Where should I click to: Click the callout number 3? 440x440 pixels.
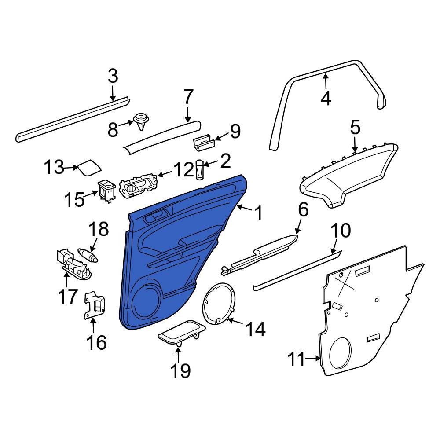(113, 76)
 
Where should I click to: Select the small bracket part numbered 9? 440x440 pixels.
(204, 142)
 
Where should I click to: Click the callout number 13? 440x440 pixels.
(54, 167)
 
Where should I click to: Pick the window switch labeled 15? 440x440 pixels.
(107, 190)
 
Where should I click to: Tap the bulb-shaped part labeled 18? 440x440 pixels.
(88, 255)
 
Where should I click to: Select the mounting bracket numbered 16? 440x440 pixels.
(95, 306)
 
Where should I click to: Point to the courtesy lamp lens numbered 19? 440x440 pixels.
(182, 333)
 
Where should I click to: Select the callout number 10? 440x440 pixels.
(341, 231)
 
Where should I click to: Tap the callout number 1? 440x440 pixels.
(258, 213)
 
